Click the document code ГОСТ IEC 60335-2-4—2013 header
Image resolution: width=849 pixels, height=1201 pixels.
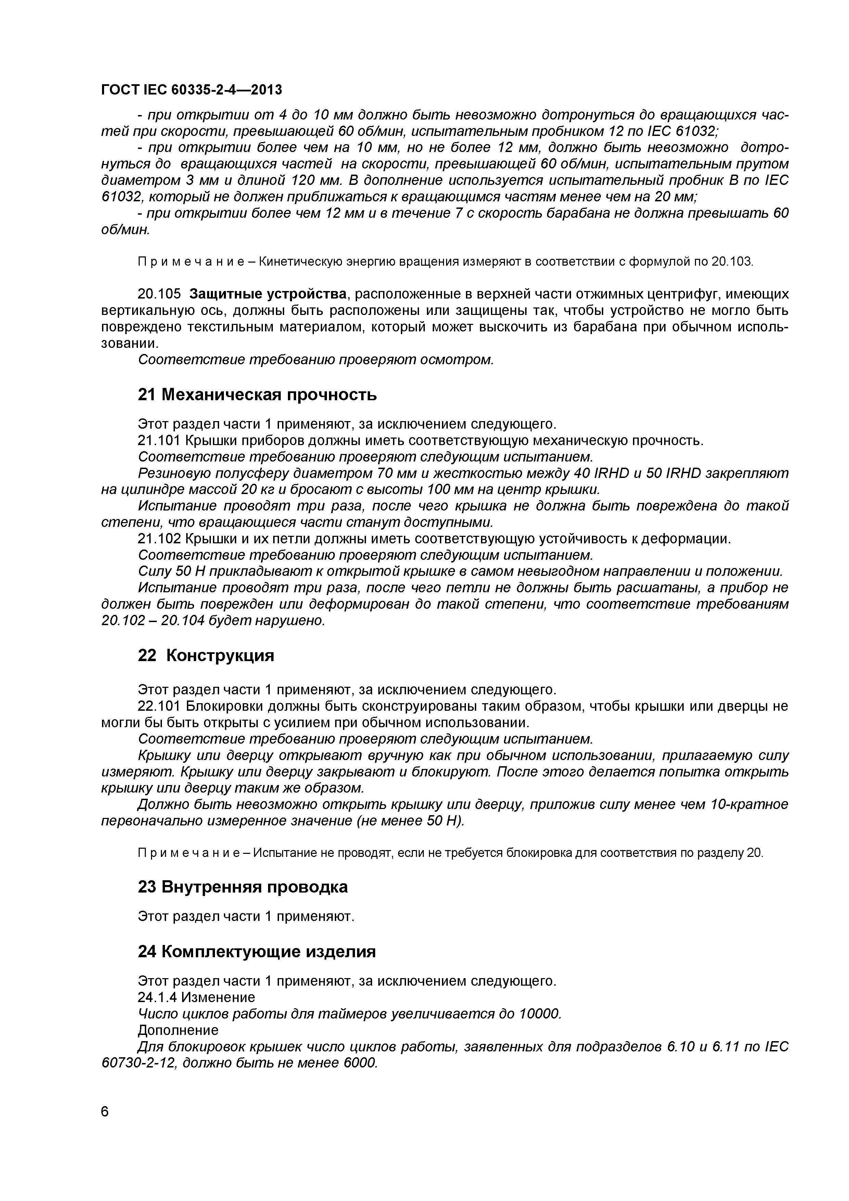tap(191, 90)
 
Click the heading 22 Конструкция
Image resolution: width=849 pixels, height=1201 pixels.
tap(206, 655)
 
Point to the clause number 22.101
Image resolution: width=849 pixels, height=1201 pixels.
tap(159, 706)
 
